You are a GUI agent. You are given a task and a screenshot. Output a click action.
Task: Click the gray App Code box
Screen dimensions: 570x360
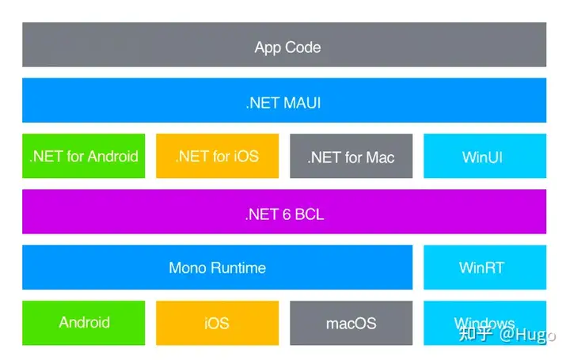284,44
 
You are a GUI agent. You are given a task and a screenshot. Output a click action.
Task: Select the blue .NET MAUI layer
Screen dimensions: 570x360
284,100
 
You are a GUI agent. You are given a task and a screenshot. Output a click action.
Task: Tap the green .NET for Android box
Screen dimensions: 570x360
84,156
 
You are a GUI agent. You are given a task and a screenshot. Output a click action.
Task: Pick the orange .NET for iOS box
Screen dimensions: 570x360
218,156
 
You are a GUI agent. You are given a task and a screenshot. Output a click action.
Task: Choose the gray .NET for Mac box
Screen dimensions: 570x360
351,156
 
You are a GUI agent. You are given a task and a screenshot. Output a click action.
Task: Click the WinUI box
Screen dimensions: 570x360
485,156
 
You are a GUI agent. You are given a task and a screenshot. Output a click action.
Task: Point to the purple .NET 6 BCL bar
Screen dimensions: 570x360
284,211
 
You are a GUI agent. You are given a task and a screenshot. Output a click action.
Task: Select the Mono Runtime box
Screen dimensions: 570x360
218,267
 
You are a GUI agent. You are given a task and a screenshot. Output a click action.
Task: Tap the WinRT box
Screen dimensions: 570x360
485,267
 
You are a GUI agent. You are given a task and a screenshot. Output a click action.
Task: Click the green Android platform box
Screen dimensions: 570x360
84,323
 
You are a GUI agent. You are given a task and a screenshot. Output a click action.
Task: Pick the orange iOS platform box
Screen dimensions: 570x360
218,323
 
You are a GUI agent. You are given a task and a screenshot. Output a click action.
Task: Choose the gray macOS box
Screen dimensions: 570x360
351,323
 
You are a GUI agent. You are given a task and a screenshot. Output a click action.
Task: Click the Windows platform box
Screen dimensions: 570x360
485,323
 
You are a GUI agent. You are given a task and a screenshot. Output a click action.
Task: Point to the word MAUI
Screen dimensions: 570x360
302,103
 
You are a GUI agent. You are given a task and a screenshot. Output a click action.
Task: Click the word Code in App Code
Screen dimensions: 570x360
302,47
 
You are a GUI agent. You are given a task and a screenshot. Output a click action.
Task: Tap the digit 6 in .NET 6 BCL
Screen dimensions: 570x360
287,214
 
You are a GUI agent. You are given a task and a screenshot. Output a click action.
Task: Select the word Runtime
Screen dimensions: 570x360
238,268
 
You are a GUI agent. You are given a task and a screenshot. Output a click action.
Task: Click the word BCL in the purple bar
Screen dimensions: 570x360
310,214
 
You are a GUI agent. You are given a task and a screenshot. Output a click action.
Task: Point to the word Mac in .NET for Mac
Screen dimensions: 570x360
380,157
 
